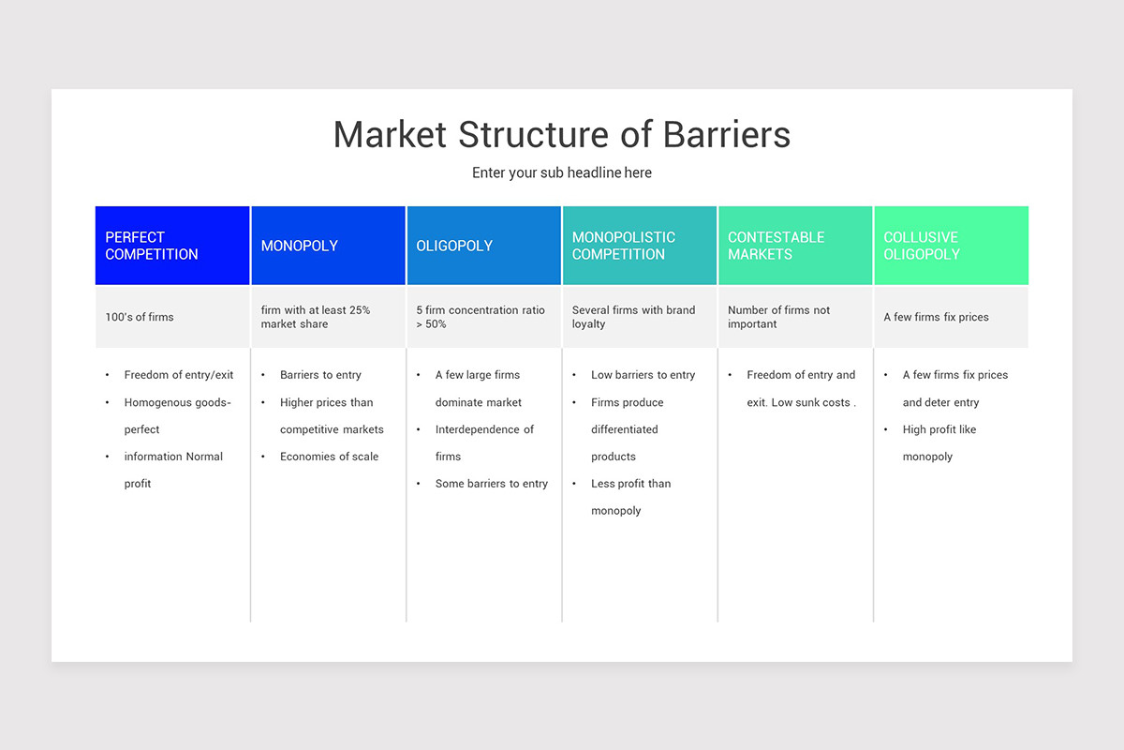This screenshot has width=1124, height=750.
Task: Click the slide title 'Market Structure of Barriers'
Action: (x=562, y=135)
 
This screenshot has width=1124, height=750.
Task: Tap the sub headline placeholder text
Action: (x=562, y=172)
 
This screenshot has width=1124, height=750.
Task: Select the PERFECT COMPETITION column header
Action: (x=172, y=246)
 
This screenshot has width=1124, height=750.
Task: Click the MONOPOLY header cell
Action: (x=328, y=246)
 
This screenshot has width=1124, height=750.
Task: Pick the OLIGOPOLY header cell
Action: (x=483, y=246)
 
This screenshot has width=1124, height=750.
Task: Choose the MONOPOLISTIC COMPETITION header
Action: (x=640, y=246)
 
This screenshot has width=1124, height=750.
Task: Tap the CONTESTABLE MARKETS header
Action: (x=795, y=246)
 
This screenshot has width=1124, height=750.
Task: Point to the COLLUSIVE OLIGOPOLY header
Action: (x=951, y=246)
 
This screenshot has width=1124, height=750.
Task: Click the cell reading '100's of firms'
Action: (x=140, y=317)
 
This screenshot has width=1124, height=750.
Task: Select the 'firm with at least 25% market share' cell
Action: (x=316, y=317)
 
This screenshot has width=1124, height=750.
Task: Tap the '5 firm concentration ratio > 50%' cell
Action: (x=481, y=317)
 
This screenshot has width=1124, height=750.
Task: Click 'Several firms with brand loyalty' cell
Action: (x=633, y=317)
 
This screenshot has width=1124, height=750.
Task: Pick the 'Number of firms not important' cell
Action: (x=778, y=317)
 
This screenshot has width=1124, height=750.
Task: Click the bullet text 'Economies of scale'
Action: (x=329, y=457)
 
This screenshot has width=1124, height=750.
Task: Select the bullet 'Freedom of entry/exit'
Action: (x=179, y=375)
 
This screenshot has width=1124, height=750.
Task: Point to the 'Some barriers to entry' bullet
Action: (x=492, y=484)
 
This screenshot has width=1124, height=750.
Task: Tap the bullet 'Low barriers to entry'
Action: (x=643, y=375)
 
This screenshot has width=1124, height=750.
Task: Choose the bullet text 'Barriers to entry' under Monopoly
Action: (x=320, y=375)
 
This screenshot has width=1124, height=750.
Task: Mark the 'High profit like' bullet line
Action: (x=939, y=429)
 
